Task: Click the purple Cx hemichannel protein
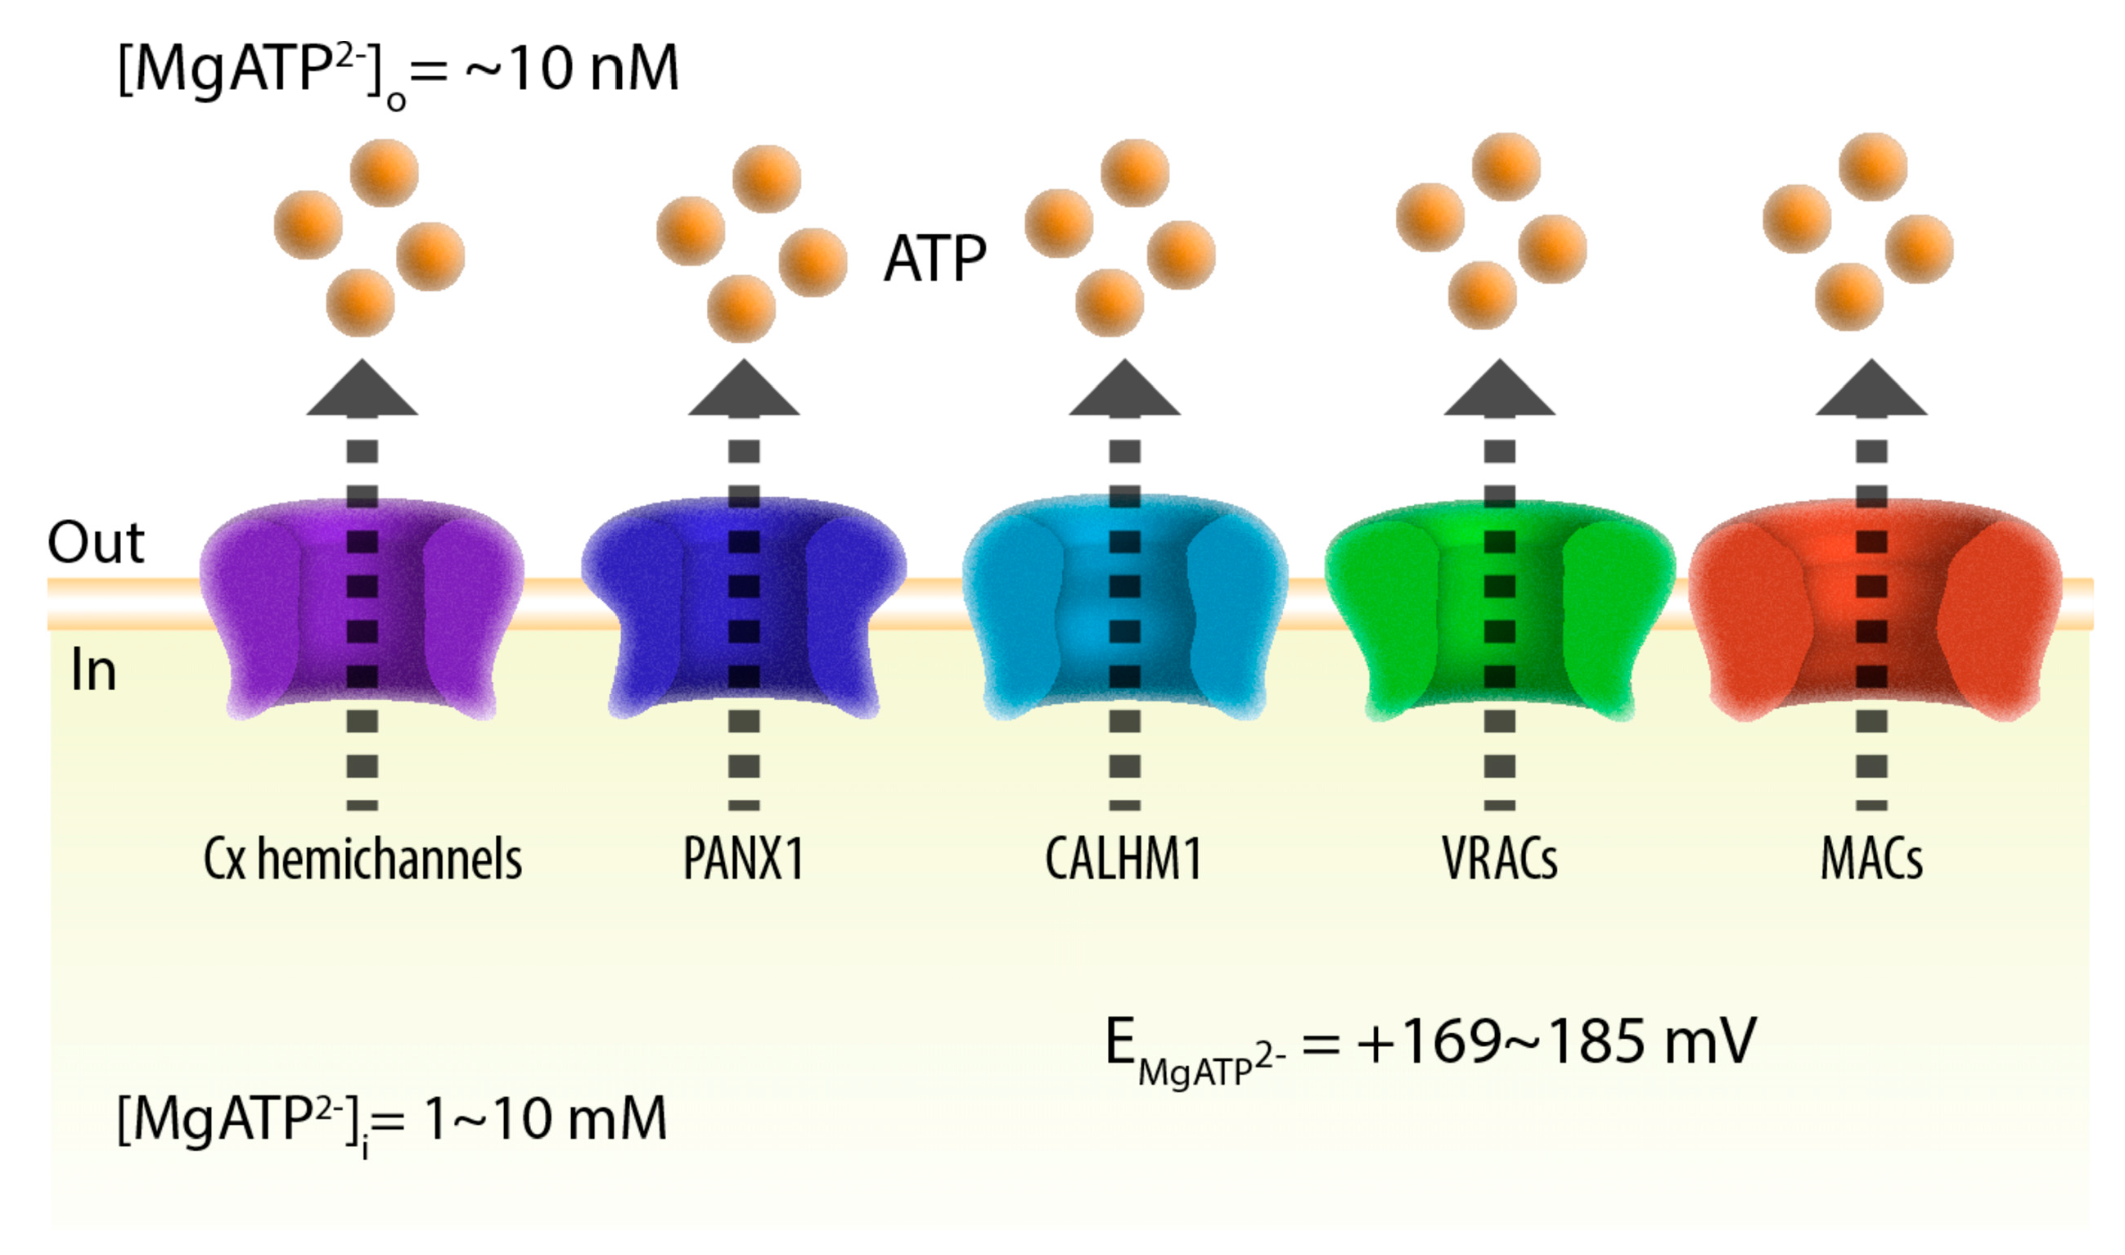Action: click(x=254, y=609)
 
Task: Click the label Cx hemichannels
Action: click(x=362, y=860)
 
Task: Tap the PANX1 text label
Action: click(x=743, y=860)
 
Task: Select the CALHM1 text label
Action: click(x=1123, y=860)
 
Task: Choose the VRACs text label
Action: click(x=1500, y=860)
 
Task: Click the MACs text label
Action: click(x=1871, y=860)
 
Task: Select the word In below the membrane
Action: click(x=93, y=670)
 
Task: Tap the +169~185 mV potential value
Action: click(x=1555, y=1041)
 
